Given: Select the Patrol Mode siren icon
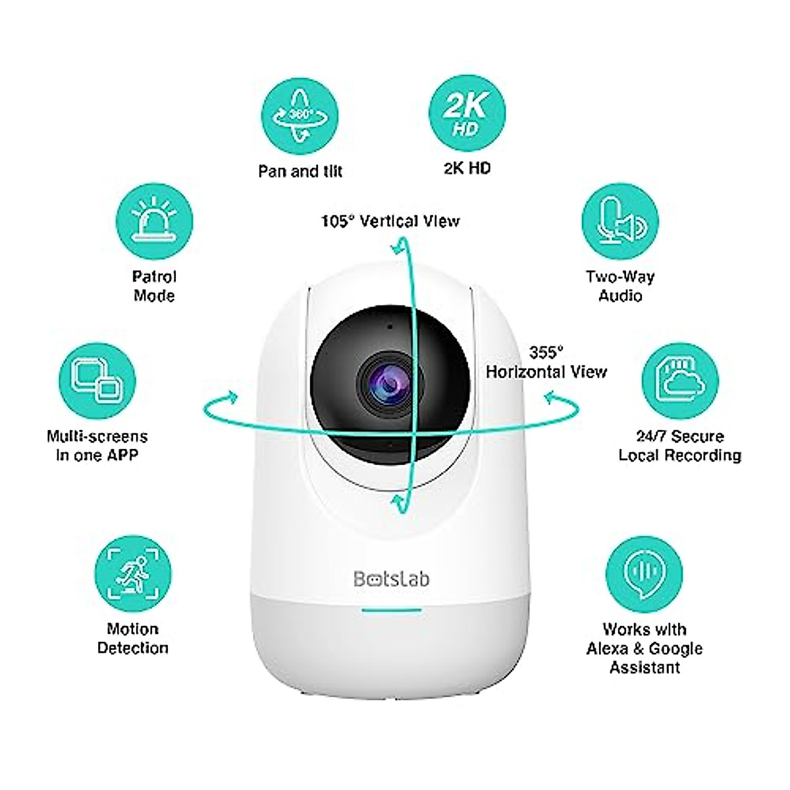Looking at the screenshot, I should [154, 219].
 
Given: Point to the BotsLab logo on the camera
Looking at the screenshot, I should [391, 579].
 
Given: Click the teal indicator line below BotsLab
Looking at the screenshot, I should [391, 610].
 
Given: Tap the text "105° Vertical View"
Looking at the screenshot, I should [390, 221].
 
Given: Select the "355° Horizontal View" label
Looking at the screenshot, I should [546, 363].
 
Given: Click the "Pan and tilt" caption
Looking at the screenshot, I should [300, 172].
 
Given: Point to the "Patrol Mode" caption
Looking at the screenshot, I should [154, 286].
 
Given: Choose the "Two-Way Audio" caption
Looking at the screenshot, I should [620, 286].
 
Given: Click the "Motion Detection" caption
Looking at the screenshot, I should [132, 638].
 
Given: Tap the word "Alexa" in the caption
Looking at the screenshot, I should [607, 648].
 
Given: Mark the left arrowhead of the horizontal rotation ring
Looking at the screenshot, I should [230, 397].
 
